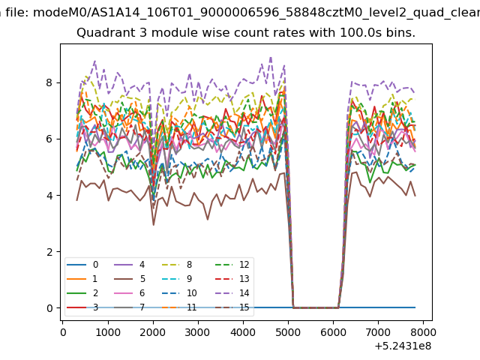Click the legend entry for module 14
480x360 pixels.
click(232, 293)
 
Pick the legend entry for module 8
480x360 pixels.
click(177, 265)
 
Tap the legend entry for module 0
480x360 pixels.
click(82, 265)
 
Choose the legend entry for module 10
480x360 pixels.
click(179, 293)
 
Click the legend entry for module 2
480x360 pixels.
click(82, 293)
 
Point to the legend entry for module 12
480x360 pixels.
click(232, 265)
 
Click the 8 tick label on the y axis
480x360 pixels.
click(49, 82)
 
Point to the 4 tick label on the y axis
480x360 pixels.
click(49, 195)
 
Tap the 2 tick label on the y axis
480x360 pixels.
click(49, 252)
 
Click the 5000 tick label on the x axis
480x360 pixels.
click(288, 332)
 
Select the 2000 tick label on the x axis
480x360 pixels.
click(153, 332)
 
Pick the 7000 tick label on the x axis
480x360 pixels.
click(378, 332)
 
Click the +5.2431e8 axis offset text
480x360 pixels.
click(403, 346)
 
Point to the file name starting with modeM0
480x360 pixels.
click(256, 13)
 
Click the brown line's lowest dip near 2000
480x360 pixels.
click(154, 225)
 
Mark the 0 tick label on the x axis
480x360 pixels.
click(63, 332)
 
